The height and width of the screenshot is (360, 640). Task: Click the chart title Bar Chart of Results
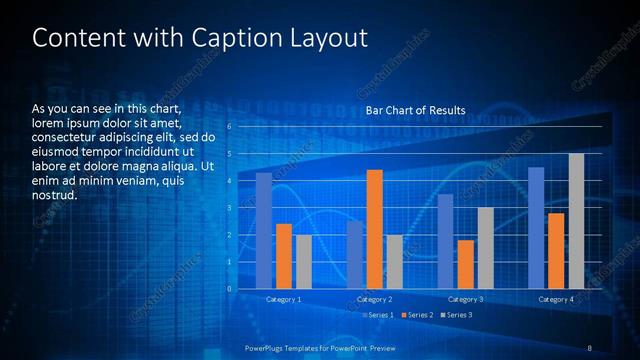click(x=415, y=110)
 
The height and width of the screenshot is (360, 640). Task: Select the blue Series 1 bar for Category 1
click(x=263, y=231)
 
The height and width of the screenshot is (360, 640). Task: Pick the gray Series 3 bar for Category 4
click(x=576, y=221)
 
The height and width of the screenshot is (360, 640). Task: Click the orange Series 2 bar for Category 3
click(x=465, y=265)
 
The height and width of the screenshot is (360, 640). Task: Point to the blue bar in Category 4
click(x=536, y=228)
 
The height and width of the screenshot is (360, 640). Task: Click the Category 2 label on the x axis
click(x=374, y=300)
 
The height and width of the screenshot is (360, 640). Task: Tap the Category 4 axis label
click(x=556, y=300)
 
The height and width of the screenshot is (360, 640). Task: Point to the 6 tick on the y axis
click(x=229, y=127)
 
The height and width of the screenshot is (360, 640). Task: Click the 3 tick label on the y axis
click(x=229, y=208)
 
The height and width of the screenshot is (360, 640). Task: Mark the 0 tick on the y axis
click(x=229, y=289)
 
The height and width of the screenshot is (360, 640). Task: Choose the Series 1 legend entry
click(x=378, y=315)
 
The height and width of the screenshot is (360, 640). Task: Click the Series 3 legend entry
click(x=456, y=315)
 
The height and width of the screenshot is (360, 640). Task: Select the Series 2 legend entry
click(x=417, y=315)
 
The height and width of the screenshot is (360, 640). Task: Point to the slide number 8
click(x=589, y=347)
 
